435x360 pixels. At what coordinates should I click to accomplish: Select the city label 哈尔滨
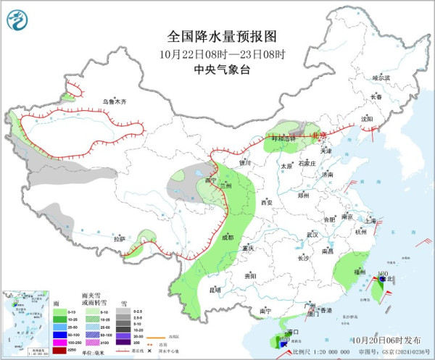381,78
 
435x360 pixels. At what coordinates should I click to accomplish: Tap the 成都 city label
228,237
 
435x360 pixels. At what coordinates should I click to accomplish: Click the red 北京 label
320,135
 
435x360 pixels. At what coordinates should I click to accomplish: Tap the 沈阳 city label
367,118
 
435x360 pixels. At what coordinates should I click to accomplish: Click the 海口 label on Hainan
293,332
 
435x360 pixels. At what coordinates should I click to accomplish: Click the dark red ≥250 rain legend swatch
57,351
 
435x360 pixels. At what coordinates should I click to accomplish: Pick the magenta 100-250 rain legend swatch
57,343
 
